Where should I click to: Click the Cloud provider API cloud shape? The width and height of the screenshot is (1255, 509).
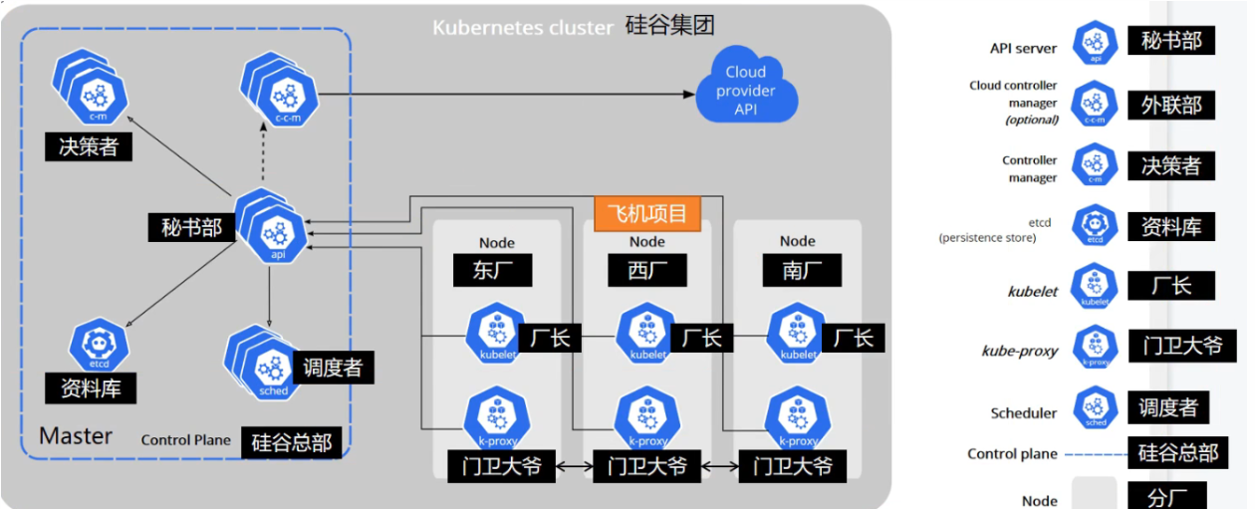(x=746, y=91)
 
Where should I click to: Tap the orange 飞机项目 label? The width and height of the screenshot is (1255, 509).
(x=646, y=212)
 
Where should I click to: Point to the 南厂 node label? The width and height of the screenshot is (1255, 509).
(x=798, y=270)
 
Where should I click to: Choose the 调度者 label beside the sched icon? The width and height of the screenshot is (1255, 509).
(x=332, y=367)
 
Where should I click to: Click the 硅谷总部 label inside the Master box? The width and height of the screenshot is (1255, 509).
(x=292, y=440)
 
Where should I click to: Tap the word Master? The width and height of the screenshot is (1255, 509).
(x=76, y=435)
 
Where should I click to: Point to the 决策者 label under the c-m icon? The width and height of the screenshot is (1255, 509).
(x=89, y=146)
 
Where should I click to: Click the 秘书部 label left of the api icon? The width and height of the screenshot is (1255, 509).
(x=191, y=226)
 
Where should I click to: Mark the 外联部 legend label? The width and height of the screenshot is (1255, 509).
(x=1171, y=105)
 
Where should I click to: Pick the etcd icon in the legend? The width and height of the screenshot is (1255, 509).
(x=1095, y=226)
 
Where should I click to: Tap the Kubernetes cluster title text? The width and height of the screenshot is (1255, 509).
(x=522, y=27)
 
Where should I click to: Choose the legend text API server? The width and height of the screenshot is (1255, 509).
(x=1023, y=48)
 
